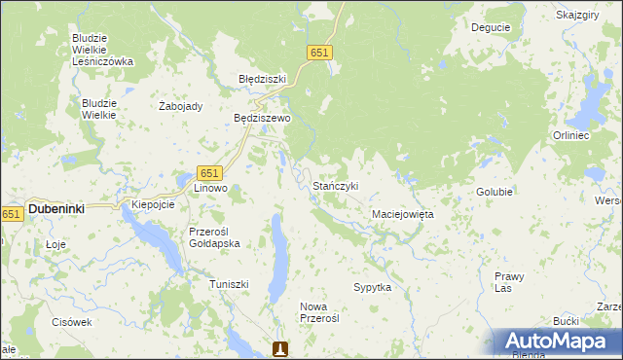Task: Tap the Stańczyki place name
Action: tap(336, 186)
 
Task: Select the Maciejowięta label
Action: tap(403, 213)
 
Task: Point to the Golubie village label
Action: tap(495, 192)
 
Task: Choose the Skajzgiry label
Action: tap(577, 16)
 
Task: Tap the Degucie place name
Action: tap(491, 27)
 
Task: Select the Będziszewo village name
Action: tap(262, 118)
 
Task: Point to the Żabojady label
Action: tap(180, 107)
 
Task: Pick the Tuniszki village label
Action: tap(230, 284)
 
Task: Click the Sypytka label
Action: tap(373, 288)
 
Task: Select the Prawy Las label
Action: tap(509, 282)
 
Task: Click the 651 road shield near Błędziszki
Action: tap(318, 54)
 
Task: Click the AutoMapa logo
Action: tap(558, 341)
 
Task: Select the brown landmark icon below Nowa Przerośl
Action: tap(280, 348)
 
